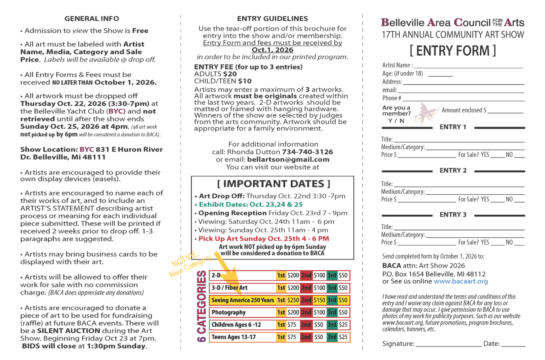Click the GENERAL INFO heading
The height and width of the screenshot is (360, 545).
92,18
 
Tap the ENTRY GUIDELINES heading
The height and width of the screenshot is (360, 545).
272,18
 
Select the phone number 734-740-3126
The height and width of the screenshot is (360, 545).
307,152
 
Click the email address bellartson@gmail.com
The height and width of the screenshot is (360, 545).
288,159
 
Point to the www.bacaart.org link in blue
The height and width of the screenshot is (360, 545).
461,281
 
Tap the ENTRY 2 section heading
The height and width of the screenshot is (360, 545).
453,170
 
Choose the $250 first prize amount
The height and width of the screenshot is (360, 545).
293,300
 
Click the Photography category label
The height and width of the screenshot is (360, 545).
229,313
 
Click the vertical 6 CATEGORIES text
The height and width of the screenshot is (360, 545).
202,306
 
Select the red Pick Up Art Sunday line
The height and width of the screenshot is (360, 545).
264,239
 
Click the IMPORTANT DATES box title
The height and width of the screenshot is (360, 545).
273,184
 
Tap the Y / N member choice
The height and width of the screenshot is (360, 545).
396,121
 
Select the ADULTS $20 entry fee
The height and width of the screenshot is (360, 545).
215,74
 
